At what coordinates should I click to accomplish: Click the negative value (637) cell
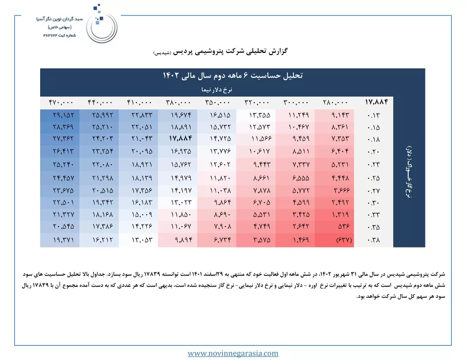click(x=344, y=240)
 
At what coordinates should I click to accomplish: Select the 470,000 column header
click(x=61, y=102)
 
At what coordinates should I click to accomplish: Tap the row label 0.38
click(x=373, y=240)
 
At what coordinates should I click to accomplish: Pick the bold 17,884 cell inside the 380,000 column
click(x=180, y=139)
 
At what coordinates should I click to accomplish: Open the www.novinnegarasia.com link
click(x=233, y=353)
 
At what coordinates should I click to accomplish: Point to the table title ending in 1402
click(x=233, y=75)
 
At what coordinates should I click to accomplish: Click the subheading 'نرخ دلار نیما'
click(x=217, y=90)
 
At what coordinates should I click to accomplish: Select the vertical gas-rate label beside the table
click(x=409, y=172)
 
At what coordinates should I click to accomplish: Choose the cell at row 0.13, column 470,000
click(x=63, y=115)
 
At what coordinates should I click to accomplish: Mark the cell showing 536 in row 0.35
click(x=344, y=226)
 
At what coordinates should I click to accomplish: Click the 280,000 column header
click(x=335, y=102)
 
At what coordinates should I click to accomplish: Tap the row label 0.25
click(x=373, y=178)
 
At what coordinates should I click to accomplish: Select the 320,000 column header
click(x=257, y=102)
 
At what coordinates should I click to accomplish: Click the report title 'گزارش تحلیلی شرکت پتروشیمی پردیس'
click(x=230, y=51)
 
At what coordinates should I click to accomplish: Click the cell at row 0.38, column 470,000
click(x=63, y=240)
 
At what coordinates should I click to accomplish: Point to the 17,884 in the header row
click(x=376, y=102)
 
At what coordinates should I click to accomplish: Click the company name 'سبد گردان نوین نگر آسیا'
click(x=60, y=19)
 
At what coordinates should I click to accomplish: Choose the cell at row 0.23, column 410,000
click(x=142, y=165)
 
